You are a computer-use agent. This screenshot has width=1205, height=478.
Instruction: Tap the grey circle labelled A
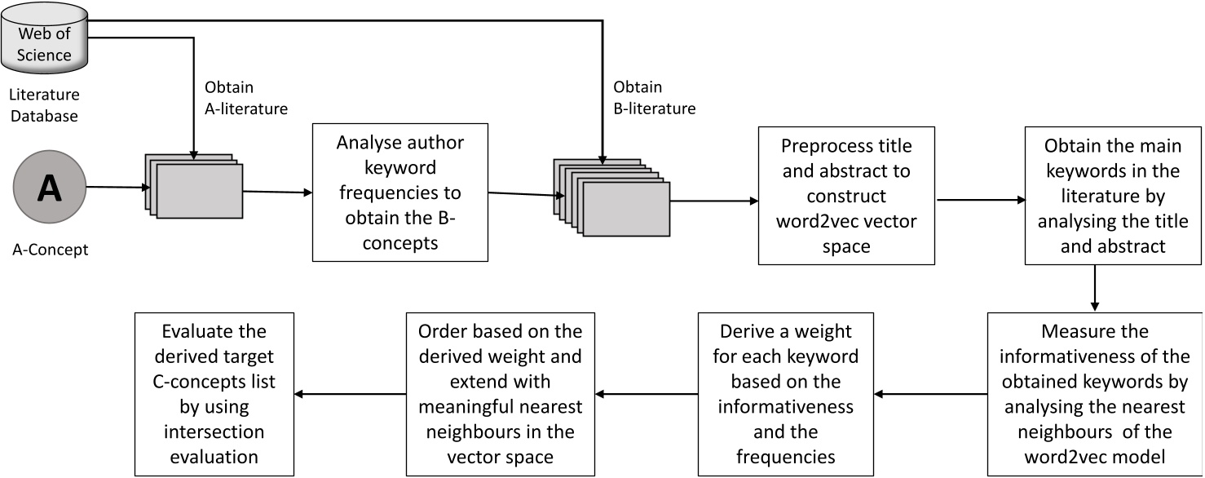(x=49, y=188)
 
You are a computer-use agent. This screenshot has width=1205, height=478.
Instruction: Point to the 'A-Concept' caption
(x=50, y=250)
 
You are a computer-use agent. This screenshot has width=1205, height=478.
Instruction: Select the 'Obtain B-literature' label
(x=653, y=97)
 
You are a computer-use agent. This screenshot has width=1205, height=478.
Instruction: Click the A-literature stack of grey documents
(x=194, y=186)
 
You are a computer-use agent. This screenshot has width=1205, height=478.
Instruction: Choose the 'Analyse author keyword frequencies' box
(x=399, y=193)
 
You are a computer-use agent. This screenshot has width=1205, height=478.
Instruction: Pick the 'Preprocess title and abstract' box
(x=846, y=196)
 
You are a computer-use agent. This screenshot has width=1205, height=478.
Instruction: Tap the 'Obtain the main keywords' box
(x=1113, y=196)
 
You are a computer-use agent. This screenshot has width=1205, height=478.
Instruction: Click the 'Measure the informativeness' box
(x=1095, y=394)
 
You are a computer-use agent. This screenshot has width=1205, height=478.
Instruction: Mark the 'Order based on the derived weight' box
(x=501, y=394)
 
